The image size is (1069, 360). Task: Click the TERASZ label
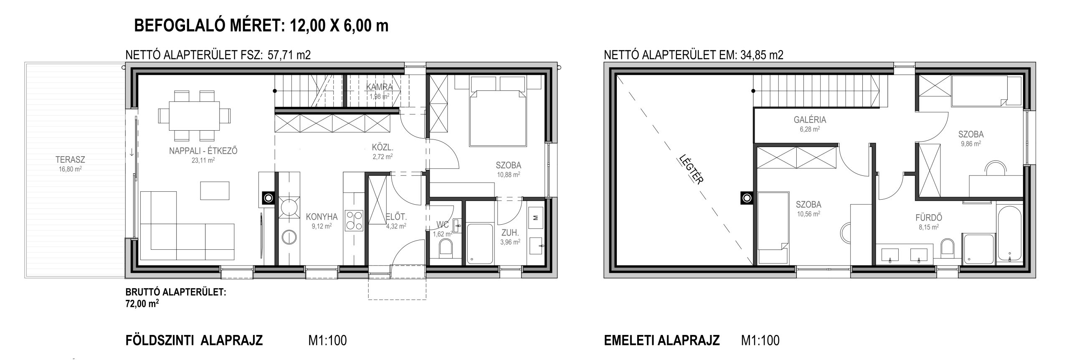click(x=70, y=160)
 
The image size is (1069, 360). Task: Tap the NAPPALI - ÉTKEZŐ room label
click(x=203, y=151)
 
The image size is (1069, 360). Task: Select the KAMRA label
click(x=380, y=87)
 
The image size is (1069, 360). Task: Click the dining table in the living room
click(x=195, y=116)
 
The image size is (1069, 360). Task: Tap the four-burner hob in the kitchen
click(x=354, y=221)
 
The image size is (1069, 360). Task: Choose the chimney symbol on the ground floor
click(x=269, y=198)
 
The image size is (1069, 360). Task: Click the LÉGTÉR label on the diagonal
click(x=692, y=169)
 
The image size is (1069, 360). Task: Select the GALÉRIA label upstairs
click(x=810, y=120)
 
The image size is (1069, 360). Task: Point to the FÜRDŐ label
click(x=925, y=218)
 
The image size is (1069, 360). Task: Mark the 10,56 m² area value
click(x=808, y=213)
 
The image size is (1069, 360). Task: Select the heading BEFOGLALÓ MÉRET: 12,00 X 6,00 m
click(x=261, y=26)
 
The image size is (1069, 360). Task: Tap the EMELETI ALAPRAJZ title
click(x=662, y=340)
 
